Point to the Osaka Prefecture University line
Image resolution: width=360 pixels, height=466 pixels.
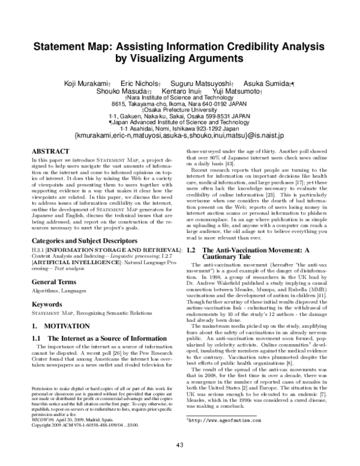(x=179, y=110)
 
